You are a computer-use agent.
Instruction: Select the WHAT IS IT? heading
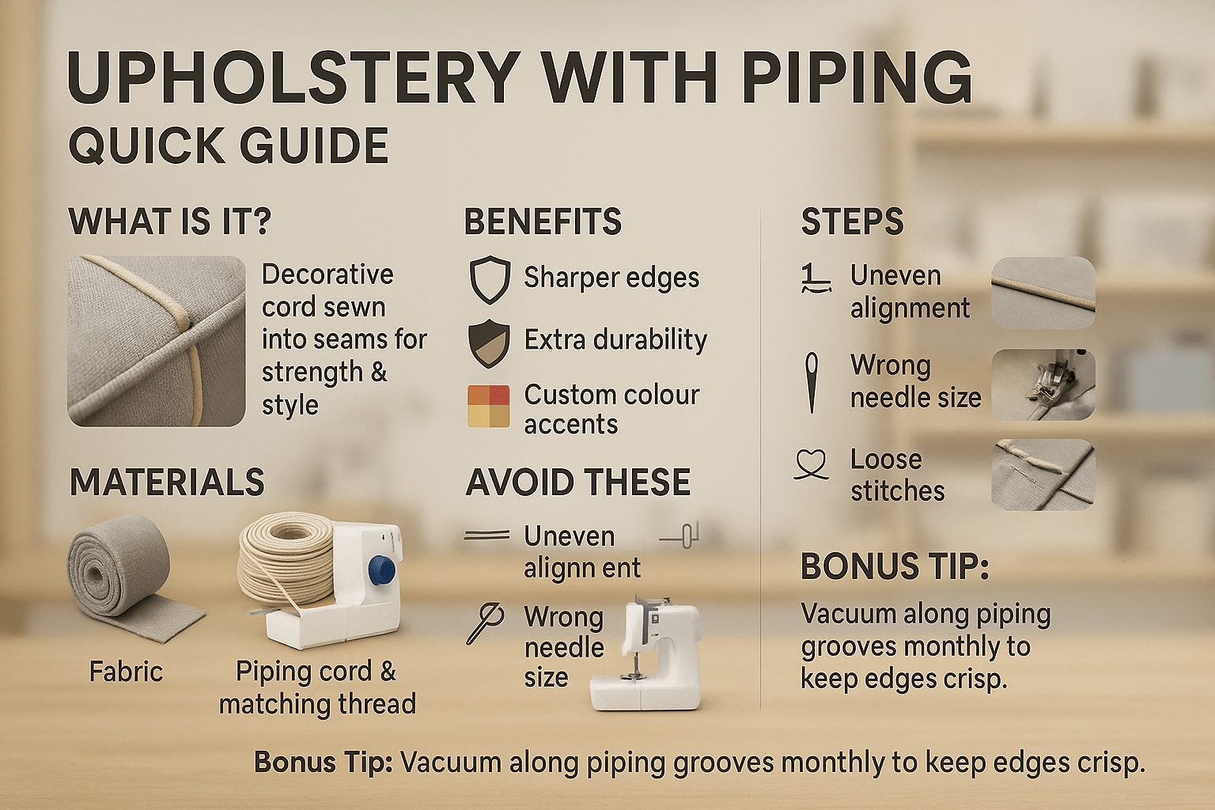(170, 221)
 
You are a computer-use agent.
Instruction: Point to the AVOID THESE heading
(578, 483)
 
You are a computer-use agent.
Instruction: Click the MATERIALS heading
(167, 483)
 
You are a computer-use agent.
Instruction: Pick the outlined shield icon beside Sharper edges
(490, 279)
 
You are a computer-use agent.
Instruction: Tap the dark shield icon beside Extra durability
(490, 343)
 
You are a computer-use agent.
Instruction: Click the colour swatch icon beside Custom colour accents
(489, 407)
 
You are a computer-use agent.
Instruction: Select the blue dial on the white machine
(381, 569)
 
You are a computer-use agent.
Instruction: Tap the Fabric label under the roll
(126, 672)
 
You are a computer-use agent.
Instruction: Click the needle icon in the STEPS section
(812, 382)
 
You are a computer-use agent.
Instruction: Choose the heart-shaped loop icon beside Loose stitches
(812, 464)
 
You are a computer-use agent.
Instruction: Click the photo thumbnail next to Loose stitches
(1043, 475)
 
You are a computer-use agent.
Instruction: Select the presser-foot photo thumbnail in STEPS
(1043, 384)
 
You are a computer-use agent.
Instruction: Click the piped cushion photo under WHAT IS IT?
(157, 341)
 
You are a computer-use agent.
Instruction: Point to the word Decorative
(327, 274)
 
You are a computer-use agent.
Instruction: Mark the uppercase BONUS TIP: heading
(895, 567)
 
